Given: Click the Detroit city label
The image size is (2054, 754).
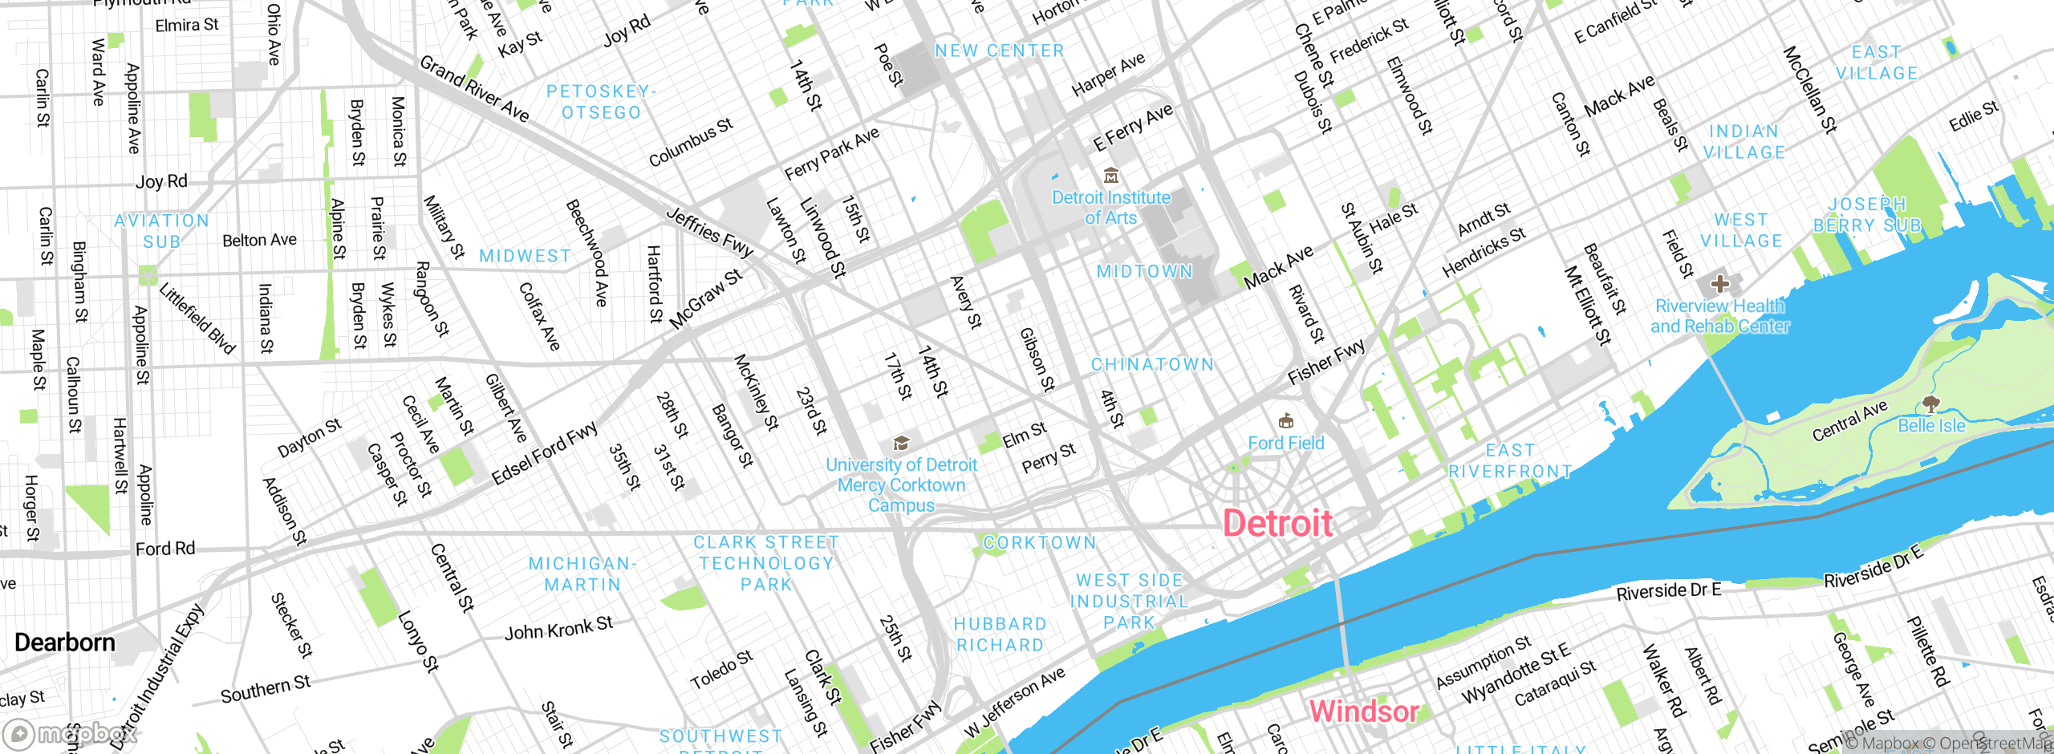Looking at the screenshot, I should pos(1277,524).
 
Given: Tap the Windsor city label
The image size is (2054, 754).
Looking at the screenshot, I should pos(1363,711).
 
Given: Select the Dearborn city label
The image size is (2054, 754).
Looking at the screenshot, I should pos(65,643).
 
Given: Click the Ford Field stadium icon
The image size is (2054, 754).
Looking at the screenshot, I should pos(1285,421).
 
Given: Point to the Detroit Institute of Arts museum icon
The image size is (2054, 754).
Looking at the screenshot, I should pos(1111,176).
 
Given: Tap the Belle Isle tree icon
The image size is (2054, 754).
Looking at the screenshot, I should pos(1930,403).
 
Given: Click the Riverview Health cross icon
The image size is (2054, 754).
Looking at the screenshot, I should pos(1719,283).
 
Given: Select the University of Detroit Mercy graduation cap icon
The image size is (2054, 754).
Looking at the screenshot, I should pos(901,444).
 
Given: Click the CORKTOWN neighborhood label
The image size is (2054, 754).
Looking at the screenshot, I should pos(1039,543).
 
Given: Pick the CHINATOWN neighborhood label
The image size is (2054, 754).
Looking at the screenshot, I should pos(1152,365).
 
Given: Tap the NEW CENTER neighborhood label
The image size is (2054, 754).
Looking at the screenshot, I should pos(999,51).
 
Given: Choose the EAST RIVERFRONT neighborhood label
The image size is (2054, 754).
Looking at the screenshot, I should pos(1510,461).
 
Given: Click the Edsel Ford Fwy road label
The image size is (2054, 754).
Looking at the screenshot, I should pos(545,453).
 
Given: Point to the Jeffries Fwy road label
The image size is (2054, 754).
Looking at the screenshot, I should pos(710,233).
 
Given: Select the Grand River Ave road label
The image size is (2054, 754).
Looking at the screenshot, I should pos(474,88).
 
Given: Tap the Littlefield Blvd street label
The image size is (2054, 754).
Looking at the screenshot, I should pos(197,318).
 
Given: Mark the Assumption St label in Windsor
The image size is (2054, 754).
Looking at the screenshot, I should pos(1483,663).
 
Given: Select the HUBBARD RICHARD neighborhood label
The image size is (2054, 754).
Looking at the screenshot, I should pos(1000,634).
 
